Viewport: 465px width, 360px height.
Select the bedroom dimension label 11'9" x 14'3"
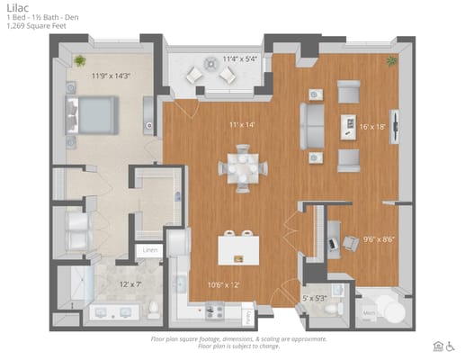coord(110,76)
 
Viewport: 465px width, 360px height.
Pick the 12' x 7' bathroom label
coord(131,284)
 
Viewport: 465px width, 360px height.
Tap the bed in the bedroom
coord(90,116)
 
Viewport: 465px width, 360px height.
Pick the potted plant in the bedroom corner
coord(80,60)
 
